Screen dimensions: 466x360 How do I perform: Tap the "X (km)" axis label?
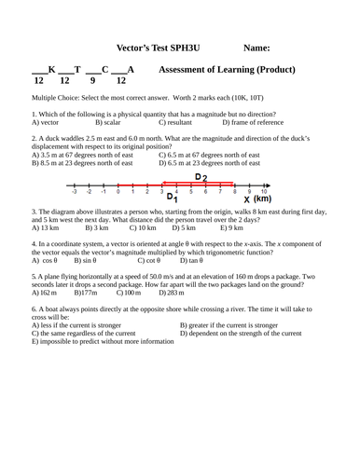[256, 199]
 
